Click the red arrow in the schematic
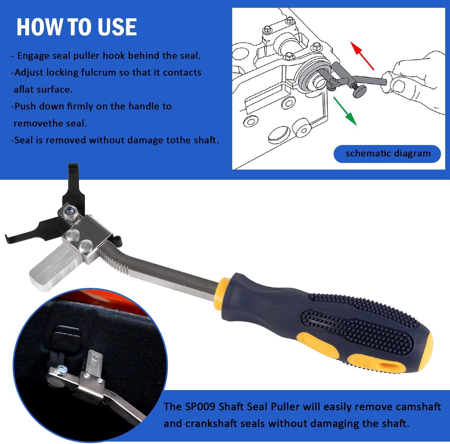click(x=362, y=56)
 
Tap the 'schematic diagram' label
click(x=388, y=154)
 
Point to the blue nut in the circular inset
click(x=61, y=369)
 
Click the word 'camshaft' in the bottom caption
click(x=418, y=407)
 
